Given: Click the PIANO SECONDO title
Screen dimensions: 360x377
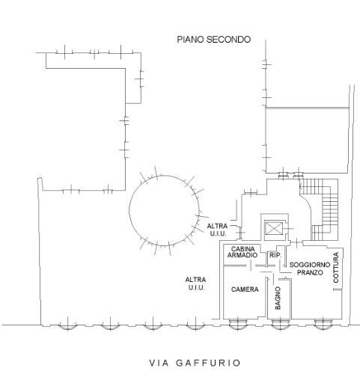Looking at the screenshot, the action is (214, 40).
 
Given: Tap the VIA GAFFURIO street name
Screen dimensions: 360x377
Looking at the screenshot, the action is (195, 363).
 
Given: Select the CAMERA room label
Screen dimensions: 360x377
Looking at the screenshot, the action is (245, 289).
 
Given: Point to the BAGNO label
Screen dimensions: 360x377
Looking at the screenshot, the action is (278, 298).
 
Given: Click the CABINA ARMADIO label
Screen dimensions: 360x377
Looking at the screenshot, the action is (242, 252).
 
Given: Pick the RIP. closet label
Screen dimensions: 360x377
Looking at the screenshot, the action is (275, 255).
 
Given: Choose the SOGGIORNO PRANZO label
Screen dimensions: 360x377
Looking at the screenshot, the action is (310, 269).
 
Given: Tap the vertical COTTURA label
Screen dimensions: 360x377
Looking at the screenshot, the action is (336, 267).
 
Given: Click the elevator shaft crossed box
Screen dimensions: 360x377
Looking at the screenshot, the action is (274, 228).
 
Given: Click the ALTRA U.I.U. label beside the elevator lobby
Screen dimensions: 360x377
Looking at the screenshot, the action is (217, 230).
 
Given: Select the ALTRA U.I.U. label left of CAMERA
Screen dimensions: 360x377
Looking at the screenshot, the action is (196, 283).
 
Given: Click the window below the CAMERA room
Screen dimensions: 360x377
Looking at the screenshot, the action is (238, 324).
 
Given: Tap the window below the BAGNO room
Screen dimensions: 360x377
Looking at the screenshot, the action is (280, 324).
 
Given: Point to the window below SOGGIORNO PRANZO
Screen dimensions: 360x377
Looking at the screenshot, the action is (323, 324).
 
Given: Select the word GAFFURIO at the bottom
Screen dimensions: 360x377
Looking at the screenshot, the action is (208, 363).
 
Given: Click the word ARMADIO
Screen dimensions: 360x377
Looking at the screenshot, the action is (242, 255).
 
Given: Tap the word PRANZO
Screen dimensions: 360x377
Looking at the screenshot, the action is (310, 272).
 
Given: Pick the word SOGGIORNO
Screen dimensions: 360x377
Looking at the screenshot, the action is (310, 265).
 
